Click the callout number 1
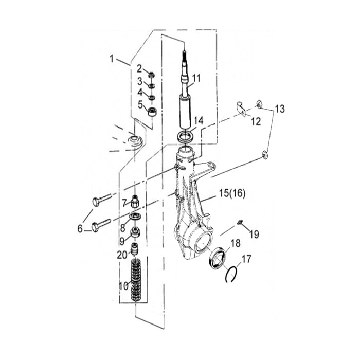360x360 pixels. coord(112,59)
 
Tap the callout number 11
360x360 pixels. coord(196,78)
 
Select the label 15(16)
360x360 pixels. coord(232,193)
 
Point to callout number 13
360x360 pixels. coord(280,109)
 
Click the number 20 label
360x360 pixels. coord(122,255)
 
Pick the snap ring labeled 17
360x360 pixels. coord(231,274)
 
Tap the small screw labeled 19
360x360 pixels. coord(240,222)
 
